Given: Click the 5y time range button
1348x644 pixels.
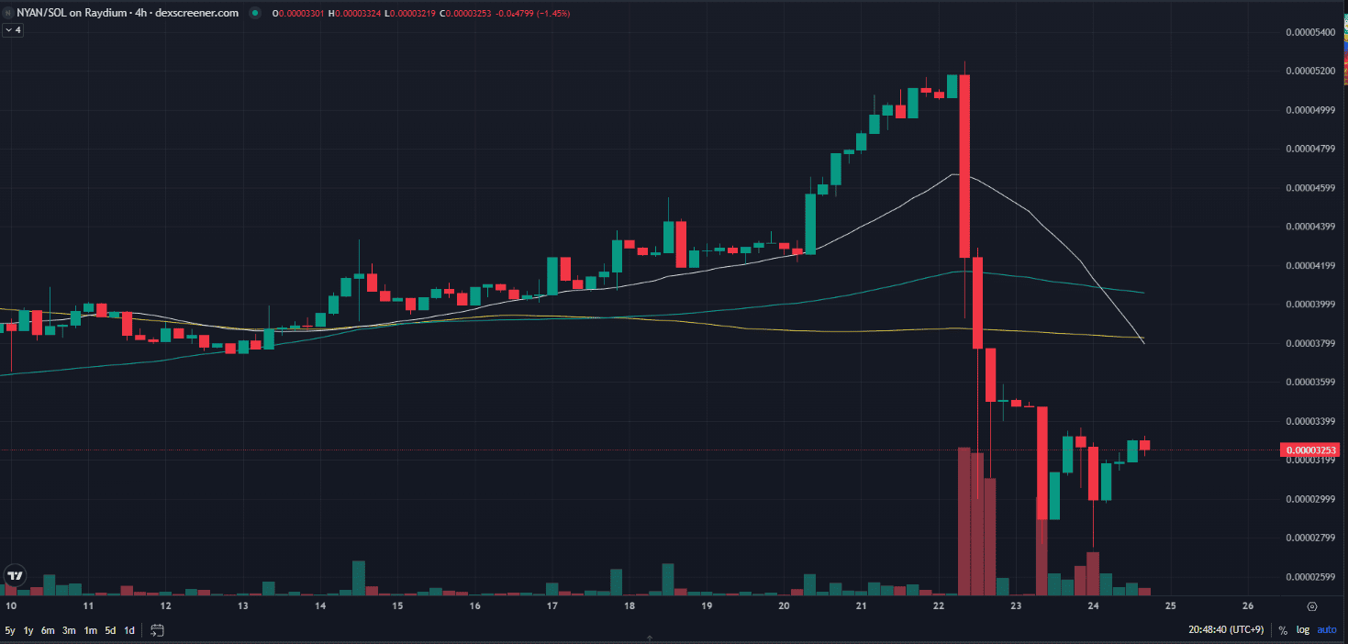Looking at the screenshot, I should point(10,630).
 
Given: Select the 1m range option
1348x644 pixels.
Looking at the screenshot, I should point(91,630).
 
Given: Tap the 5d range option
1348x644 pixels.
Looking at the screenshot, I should point(110,630).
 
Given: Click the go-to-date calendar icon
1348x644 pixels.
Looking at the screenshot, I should point(157,630).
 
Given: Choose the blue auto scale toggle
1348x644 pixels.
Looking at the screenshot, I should point(1327,630).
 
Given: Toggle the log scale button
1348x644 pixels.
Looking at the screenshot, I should point(1303,630).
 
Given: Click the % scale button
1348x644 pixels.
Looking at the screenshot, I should point(1283,630).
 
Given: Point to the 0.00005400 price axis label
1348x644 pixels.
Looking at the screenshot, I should point(1309,32).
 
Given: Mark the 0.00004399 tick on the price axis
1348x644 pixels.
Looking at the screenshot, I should point(1309,227).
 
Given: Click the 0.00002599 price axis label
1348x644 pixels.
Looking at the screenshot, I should point(1309,577).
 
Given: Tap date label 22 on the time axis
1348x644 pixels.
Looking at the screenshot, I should point(939,606).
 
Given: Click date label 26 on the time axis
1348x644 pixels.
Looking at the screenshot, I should point(1248,606).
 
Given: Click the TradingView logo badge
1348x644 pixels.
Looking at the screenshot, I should point(15,575).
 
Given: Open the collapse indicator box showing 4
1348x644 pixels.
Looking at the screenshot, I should point(13,30).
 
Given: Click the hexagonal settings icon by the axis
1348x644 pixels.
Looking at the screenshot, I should point(1311,606).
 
